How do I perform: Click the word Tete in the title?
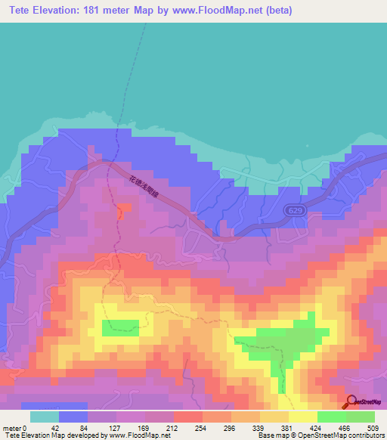[x=23, y=11]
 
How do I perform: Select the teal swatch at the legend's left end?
[x=44, y=417]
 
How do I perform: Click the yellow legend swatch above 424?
[x=302, y=417]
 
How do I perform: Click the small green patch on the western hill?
[x=121, y=327]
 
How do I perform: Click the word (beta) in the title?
[x=274, y=11]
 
